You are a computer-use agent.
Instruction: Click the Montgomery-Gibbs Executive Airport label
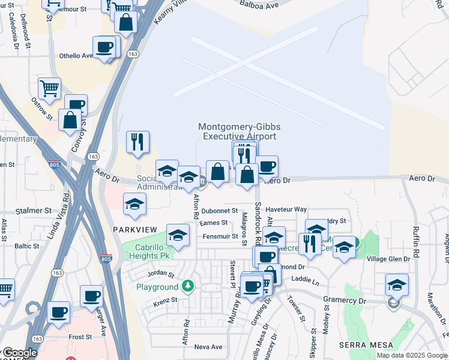click(x=239, y=131)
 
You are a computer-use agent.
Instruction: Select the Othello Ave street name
click(x=76, y=56)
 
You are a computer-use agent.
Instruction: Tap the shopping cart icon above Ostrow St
click(x=49, y=88)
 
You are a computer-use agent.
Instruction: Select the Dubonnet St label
click(x=220, y=211)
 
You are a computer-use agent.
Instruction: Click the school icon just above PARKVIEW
click(x=135, y=205)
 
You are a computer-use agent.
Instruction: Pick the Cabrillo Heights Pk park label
click(x=149, y=250)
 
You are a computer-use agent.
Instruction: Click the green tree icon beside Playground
click(x=188, y=286)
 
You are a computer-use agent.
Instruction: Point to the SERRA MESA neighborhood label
click(x=366, y=345)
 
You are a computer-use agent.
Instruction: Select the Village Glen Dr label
click(x=388, y=259)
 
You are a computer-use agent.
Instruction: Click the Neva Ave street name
click(x=208, y=347)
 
